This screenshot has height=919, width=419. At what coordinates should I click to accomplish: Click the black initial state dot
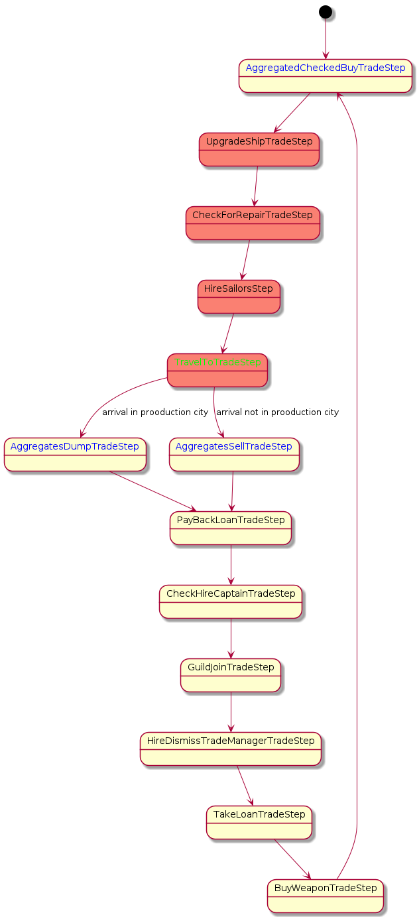point(325,11)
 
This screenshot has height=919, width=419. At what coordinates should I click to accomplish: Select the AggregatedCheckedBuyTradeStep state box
point(325,76)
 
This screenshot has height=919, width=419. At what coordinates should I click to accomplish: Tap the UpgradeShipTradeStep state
point(259,149)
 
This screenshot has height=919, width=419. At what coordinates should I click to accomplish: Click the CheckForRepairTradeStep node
point(252,223)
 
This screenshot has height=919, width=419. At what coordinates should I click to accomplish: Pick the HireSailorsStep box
point(239,296)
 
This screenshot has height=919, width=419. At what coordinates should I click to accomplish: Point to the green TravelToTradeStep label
point(217,363)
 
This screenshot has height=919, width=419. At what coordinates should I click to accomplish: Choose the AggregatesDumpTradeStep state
point(75,454)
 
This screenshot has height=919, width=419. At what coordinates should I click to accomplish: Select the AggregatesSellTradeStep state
point(233,454)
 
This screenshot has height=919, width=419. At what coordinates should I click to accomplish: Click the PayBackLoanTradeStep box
point(231,528)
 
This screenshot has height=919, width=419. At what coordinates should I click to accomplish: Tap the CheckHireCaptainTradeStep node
point(231,601)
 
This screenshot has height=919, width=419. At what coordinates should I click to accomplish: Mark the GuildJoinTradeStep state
point(231,675)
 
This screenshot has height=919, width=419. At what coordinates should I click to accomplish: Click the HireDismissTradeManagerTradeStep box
point(231,749)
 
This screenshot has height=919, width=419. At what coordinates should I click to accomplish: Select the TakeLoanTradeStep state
point(259,822)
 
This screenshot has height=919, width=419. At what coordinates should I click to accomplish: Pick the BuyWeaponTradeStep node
point(325,896)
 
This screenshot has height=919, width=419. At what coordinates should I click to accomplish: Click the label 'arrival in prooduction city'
point(155,412)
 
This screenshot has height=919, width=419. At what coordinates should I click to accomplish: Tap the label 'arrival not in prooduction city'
point(278,412)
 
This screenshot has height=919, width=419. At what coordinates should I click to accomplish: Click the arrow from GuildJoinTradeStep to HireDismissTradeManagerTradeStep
point(231,712)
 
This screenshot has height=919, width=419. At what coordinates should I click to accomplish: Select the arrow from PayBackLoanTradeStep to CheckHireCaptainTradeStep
point(231,565)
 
